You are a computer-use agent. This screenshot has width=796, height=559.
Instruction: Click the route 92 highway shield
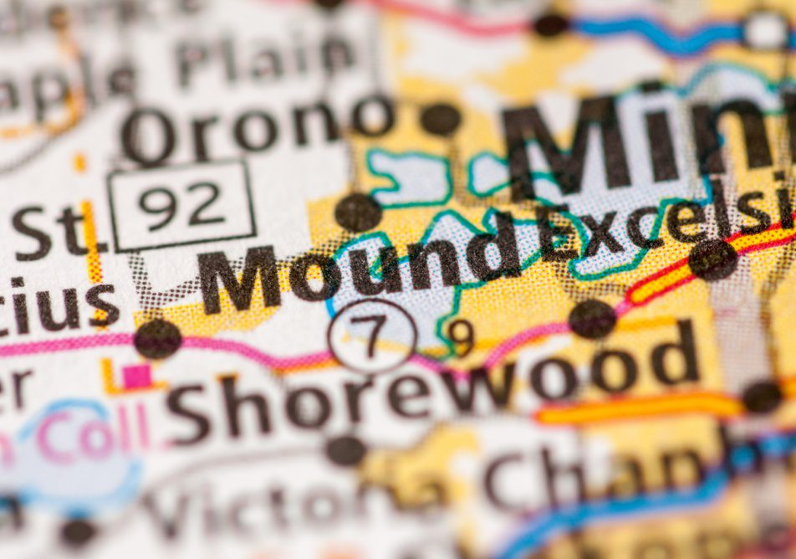[x=181, y=206]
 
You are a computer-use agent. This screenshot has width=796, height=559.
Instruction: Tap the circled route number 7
[x=372, y=336]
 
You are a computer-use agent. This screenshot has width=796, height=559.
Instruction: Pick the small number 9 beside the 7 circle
[x=460, y=336]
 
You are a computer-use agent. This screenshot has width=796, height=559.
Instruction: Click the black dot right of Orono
[x=440, y=119]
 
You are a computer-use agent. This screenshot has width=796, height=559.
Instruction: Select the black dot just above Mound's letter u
[x=358, y=213]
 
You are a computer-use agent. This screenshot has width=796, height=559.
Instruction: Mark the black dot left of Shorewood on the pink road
[x=157, y=338]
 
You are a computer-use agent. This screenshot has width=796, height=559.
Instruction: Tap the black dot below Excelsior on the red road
[x=712, y=259]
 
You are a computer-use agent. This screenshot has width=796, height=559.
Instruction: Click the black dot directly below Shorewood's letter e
[x=344, y=450]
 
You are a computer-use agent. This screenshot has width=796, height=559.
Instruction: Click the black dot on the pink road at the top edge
[x=550, y=23]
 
